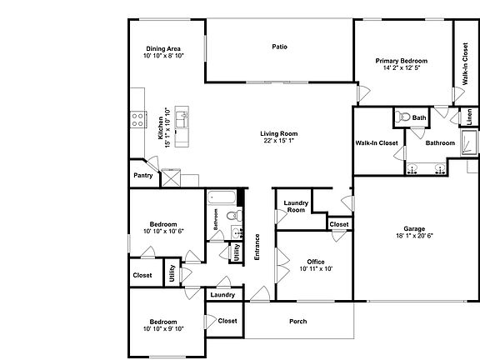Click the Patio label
coord(279,47)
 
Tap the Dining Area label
coord(162,49)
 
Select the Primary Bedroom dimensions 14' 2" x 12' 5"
coord(401,68)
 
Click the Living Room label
coord(278,134)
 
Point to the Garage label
coord(414,229)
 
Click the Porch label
coord(297,322)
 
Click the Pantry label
coord(142,176)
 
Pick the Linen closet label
coord(469,117)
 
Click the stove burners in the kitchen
coord(138,119)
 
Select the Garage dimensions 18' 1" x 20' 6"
coord(414,237)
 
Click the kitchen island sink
coord(182,125)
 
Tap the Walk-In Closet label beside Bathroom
coord(377,142)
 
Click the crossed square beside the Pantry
coord(171,177)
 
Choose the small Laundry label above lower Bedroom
coord(222,295)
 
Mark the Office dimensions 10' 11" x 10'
coord(316,269)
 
